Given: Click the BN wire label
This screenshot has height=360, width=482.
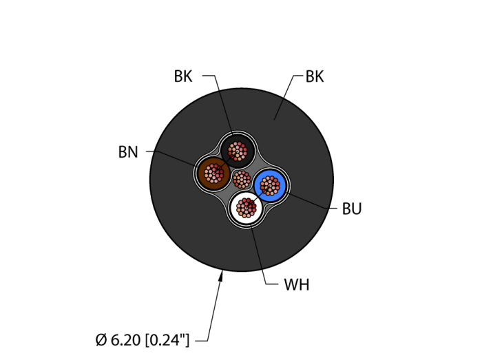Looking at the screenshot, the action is pos(128,152).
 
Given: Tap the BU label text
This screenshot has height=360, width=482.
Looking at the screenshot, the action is pos(352,209).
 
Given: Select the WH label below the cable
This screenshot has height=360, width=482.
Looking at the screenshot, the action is pos(296,285).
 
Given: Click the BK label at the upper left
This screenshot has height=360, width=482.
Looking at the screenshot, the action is pos(183,76).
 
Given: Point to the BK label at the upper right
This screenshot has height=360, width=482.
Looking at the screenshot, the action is pos(315,76).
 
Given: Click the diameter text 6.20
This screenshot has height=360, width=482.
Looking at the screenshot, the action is pos(125,340).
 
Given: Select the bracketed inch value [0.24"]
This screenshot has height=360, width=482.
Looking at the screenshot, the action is pos(167,340).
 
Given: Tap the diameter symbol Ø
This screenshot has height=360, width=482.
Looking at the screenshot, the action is pos(101,340).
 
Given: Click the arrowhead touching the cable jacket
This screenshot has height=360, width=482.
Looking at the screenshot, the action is pos(221,276).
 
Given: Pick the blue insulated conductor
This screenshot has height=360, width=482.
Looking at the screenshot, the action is pos(270,186).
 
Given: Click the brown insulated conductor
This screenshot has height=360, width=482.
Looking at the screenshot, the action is pos(214,173).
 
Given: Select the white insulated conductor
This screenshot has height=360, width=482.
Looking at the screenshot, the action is pos(247,208).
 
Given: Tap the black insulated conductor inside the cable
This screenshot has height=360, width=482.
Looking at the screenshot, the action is pos(238,151).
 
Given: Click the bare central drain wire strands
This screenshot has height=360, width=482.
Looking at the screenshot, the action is pos(242,180).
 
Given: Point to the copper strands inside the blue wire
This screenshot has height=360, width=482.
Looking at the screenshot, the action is pos(270,186).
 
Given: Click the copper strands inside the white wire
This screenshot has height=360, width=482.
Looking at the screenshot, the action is pos(247,208).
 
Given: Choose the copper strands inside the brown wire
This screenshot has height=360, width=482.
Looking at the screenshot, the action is pos(214,173).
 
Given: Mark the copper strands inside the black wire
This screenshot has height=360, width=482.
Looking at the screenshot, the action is pos(238,151).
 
